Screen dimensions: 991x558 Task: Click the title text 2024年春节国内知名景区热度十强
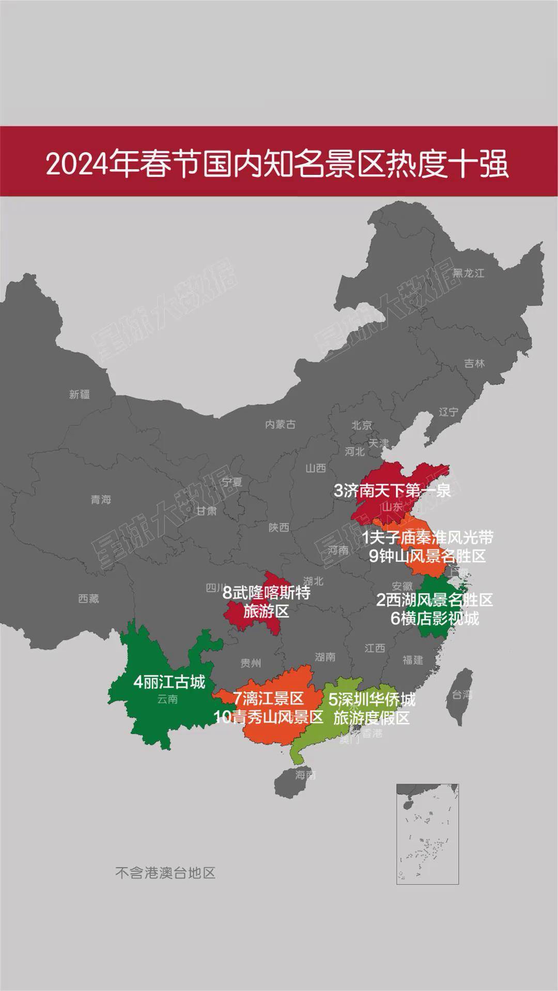[x=278, y=164]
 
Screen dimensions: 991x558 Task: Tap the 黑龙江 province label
[x=468, y=273]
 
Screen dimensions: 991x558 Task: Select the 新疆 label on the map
[x=80, y=394]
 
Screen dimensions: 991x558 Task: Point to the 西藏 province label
[x=88, y=598]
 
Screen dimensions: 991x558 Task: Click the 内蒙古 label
[x=280, y=424]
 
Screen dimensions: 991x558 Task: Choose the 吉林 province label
[x=474, y=363]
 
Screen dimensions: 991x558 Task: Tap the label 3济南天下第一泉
[x=392, y=490]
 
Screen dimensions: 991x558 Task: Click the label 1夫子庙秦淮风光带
[x=427, y=537]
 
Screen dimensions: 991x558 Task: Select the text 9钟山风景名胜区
[x=427, y=556]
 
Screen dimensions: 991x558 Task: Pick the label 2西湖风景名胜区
[x=435, y=600]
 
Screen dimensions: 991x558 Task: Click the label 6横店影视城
[x=435, y=618]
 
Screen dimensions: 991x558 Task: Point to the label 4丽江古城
[x=169, y=682]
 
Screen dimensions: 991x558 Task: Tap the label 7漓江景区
[x=268, y=698]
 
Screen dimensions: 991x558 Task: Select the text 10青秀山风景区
[x=269, y=717]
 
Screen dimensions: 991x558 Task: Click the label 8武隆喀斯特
[x=267, y=592]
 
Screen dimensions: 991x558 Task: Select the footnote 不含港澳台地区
[x=165, y=873]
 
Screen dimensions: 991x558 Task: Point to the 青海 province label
[x=101, y=499]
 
